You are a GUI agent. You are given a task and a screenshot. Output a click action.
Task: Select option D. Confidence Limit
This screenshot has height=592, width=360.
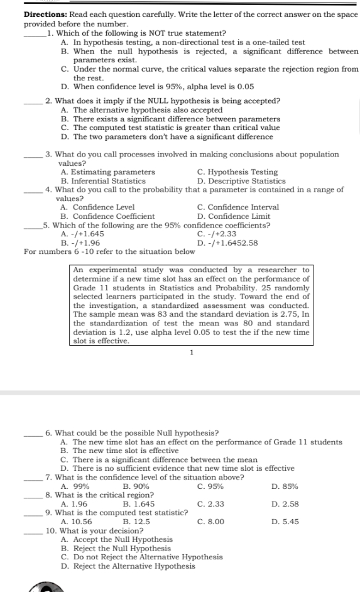click(x=232, y=216)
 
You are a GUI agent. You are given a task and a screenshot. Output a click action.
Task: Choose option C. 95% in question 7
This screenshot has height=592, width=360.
click(x=210, y=486)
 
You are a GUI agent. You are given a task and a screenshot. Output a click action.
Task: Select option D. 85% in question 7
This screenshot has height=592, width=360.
click(x=285, y=486)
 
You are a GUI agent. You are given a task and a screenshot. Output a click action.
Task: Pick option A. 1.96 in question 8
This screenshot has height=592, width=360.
click(x=74, y=503)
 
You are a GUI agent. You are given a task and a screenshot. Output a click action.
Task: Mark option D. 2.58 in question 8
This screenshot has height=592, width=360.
click(x=285, y=503)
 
